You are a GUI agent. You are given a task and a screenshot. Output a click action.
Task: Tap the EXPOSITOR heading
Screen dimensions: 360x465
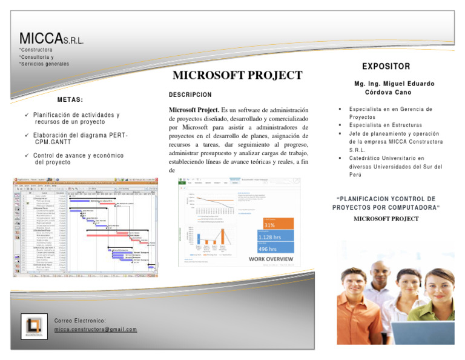386,66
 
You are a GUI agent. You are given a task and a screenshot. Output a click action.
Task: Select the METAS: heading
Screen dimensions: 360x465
70,99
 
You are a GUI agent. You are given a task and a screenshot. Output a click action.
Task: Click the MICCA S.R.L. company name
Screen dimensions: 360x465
51,39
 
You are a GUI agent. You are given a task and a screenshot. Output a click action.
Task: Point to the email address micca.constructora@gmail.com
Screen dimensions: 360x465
95,330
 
